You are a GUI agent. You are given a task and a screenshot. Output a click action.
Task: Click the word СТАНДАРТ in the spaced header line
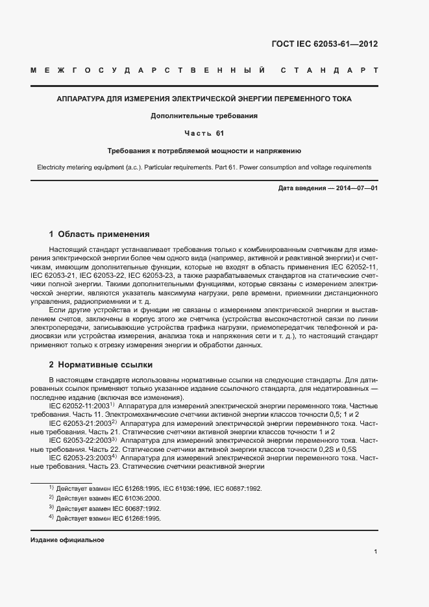328,69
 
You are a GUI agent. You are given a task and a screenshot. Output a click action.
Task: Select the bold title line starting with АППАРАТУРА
204,99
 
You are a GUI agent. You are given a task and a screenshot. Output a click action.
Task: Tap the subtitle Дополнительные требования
204,116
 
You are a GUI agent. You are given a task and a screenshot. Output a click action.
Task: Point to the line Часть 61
204,133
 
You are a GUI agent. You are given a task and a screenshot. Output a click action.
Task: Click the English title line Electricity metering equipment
204,167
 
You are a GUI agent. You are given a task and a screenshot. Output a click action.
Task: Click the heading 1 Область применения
99,234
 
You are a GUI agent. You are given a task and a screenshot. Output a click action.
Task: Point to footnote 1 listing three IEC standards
156,488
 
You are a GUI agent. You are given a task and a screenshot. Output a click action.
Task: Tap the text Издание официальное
67,540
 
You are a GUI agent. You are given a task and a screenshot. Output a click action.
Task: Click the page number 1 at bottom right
375,552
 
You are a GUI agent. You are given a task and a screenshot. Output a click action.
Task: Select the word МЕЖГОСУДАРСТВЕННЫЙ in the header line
147,69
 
